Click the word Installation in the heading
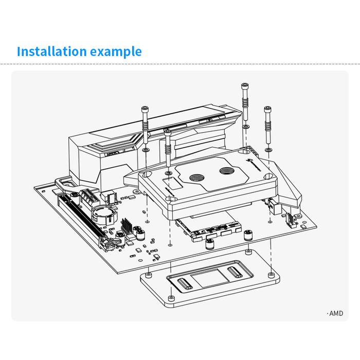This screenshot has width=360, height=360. (51, 51)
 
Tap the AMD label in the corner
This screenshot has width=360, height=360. (335, 313)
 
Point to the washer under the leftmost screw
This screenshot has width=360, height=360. (146, 150)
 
